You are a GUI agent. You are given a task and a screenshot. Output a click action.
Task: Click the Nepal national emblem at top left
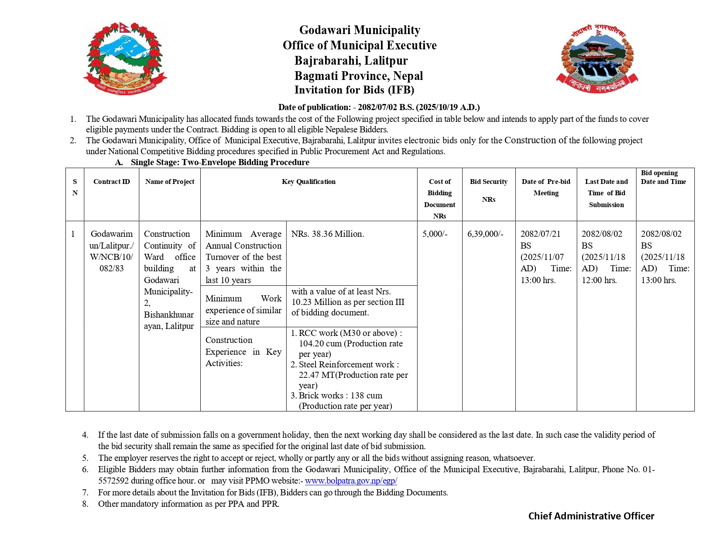coord(125,58)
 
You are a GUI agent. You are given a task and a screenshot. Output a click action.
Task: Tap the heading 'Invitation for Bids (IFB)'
coord(354,90)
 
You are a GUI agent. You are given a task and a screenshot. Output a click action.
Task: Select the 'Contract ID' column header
coord(112,182)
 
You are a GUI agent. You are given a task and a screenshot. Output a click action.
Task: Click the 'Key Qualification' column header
coord(309,182)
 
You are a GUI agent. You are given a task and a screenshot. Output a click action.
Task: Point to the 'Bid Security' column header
coord(488,182)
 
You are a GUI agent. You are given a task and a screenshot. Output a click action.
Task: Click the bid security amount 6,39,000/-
coord(485,234)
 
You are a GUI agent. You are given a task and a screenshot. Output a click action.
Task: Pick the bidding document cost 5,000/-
coord(435,234)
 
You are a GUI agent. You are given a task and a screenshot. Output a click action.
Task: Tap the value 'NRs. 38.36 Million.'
coord(328,234)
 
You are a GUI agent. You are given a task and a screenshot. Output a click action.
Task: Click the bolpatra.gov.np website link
coord(351,481)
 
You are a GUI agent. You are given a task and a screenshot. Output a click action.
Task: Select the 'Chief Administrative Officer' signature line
coord(591,516)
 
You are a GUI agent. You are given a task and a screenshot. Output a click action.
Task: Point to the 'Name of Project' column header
coord(170,182)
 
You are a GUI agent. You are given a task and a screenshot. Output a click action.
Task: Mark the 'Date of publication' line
coord(379,107)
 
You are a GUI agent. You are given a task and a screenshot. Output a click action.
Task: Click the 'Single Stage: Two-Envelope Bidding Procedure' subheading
coord(220,163)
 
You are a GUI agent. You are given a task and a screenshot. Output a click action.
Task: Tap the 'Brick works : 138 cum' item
coord(340,396)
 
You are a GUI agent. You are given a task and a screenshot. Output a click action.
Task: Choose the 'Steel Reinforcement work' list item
coord(348,365)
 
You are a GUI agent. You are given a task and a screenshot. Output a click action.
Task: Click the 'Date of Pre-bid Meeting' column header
coord(546,187)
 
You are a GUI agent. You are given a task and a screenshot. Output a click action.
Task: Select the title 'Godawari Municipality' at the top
coord(360,30)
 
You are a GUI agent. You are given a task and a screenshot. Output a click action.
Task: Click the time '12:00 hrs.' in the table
coord(599,280)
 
